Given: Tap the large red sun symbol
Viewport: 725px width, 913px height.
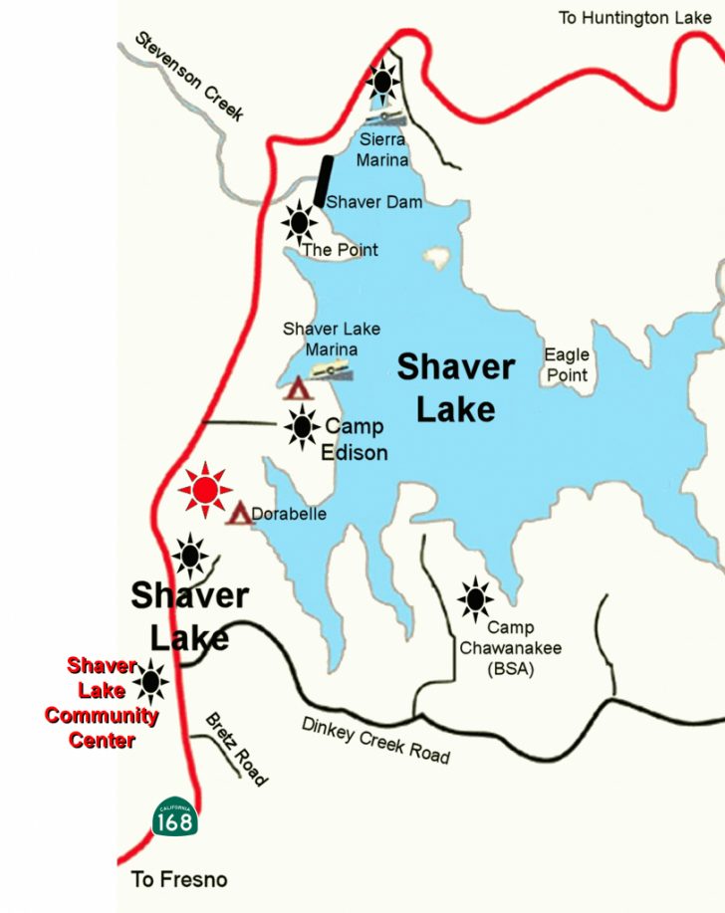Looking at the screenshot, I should [205, 490].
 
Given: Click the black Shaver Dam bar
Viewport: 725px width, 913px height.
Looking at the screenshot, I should [323, 181].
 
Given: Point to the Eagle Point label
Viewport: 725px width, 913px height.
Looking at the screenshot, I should [567, 365].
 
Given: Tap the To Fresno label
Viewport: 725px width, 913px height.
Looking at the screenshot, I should [179, 879].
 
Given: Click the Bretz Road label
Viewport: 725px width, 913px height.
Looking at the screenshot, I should [236, 749].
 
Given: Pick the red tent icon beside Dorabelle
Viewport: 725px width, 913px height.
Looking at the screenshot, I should [239, 515].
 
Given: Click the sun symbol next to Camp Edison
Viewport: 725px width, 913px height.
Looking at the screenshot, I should [302, 428].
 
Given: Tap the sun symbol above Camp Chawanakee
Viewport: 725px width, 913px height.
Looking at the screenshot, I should [475, 598].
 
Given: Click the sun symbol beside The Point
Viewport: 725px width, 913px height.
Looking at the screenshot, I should [299, 222].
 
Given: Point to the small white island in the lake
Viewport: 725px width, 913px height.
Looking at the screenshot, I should [436, 261].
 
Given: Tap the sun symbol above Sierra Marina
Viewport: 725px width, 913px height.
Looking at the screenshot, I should [381, 79].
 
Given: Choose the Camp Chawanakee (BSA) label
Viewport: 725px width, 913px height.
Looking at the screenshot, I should [510, 648].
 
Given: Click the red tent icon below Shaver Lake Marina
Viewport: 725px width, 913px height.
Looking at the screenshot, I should [297, 389].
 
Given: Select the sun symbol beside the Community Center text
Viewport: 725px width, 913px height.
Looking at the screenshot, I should [151, 681].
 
